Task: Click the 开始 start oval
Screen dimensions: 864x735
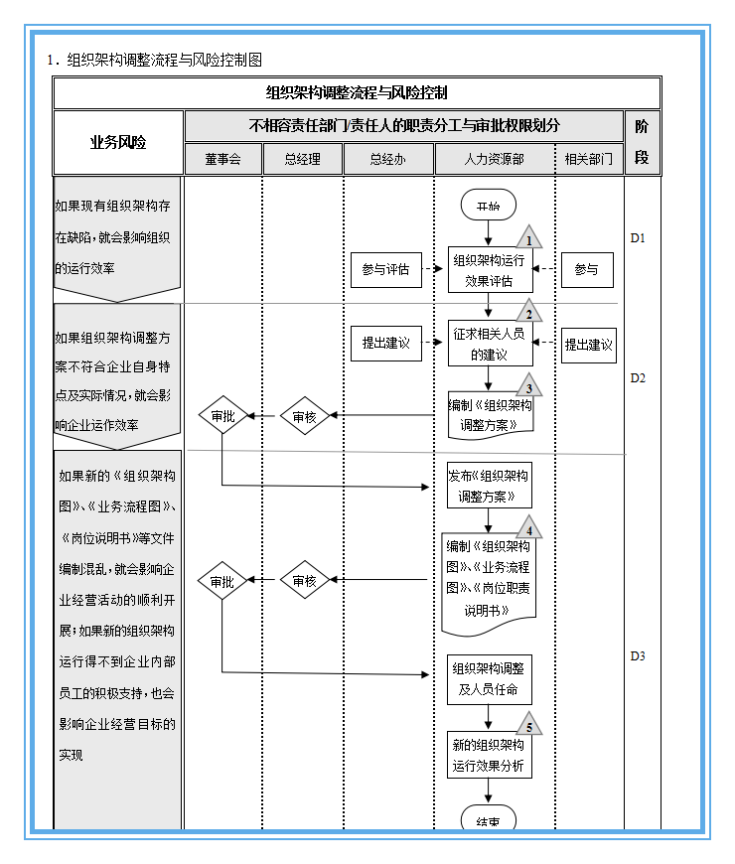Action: [x=488, y=205]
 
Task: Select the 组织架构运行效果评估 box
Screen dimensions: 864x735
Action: [x=490, y=270]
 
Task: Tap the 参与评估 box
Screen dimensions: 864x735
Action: [x=385, y=270]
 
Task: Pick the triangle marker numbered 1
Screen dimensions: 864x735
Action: [x=529, y=238]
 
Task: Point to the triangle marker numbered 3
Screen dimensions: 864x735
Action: [x=529, y=387]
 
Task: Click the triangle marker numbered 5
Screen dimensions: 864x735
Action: [x=529, y=726]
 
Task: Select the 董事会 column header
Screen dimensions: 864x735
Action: [x=223, y=159]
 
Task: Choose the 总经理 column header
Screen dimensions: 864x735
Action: [x=303, y=159]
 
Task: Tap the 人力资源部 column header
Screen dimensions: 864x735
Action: [x=495, y=159]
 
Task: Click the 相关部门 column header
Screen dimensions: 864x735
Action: [x=588, y=159]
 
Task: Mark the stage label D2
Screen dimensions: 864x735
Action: [x=638, y=378]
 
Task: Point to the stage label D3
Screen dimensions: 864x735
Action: [x=638, y=655]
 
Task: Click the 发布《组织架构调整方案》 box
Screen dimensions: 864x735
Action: [x=489, y=486]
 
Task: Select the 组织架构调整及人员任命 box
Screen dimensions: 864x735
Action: [x=489, y=679]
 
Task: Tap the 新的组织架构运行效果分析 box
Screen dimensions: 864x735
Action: [x=489, y=756]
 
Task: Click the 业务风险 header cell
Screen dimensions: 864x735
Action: [x=118, y=142]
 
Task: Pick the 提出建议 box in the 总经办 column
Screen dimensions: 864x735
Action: [x=385, y=344]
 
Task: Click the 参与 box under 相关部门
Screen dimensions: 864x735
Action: [x=587, y=270]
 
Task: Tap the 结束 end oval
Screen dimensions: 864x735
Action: [x=488, y=820]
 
